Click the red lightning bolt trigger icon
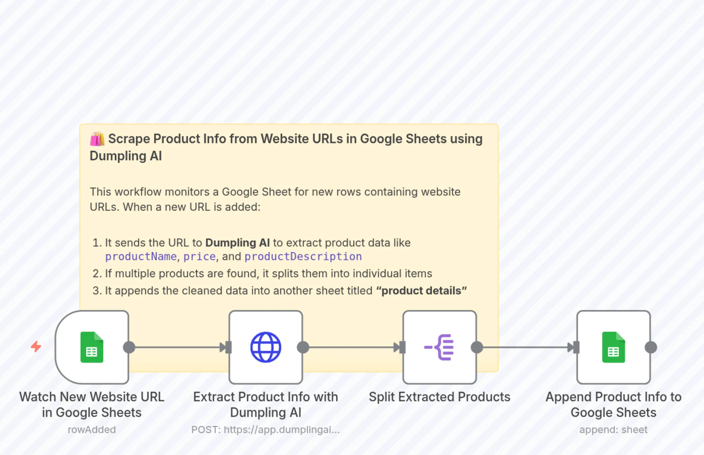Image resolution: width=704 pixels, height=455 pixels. pos(36,347)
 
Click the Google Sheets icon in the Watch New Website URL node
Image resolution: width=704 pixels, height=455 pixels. pos(92,347)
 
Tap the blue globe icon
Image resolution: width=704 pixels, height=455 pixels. pos(266,347)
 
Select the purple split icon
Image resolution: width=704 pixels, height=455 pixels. pos(439,347)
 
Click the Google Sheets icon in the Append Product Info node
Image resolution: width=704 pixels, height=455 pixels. pos(613,347)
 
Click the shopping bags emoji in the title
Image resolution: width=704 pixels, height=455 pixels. pos(97,139)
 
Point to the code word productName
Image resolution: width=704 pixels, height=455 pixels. pos(141,256)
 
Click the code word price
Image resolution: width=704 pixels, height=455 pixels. pos(199,256)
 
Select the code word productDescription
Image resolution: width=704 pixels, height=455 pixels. pos(303,256)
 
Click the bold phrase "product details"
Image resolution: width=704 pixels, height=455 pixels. pos(421,291)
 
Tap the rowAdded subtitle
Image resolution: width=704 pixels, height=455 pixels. pos(91,430)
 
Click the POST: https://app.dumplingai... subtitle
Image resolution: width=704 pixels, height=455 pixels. pos(266,430)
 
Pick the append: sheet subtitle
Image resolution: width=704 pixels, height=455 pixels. pos(613,430)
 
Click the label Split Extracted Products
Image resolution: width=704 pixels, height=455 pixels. pos(439,397)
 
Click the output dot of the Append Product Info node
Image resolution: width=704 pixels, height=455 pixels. pos(651,347)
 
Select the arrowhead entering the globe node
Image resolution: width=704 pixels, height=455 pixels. pos(223,347)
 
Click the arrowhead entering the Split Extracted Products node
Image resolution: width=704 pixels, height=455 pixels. pos(397,347)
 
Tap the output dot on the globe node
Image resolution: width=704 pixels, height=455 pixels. pos(303,347)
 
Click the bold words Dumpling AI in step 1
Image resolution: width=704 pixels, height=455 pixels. pos(237,243)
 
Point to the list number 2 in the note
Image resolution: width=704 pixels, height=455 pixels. pos(96,274)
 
